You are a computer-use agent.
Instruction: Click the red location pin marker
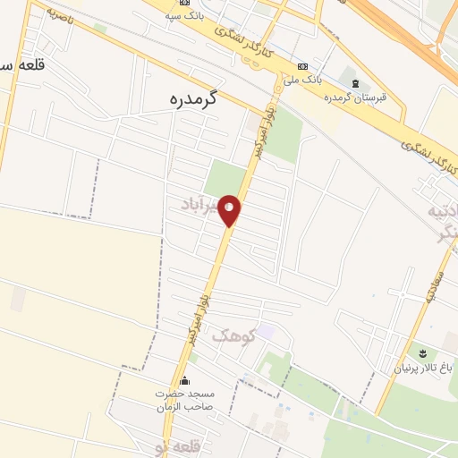point(231,211)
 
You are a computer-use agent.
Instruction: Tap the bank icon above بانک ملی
point(301,66)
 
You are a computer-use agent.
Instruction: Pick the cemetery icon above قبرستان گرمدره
point(355,84)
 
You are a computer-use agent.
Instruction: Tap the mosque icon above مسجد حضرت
point(184,380)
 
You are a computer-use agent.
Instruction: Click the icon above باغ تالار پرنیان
point(420,353)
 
